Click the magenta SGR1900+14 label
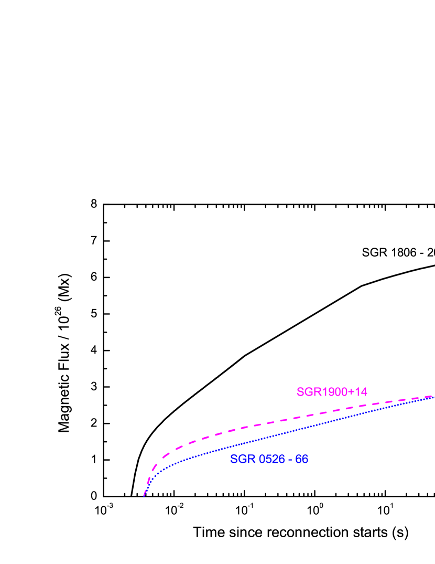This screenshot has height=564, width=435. pyautogui.click(x=332, y=392)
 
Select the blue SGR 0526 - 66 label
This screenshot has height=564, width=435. pyautogui.click(x=269, y=459)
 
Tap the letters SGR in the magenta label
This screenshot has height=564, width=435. pyautogui.click(x=307, y=392)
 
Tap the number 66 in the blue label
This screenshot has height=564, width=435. pyautogui.click(x=301, y=459)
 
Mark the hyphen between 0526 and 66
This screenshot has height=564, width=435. pyautogui.click(x=290, y=460)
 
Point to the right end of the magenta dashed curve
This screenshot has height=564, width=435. pyautogui.click(x=432, y=396)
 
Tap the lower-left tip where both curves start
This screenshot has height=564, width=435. pyautogui.click(x=144, y=495)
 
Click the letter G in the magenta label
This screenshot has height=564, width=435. pyautogui.click(x=307, y=392)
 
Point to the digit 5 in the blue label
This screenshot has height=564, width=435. pyautogui.click(x=269, y=459)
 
